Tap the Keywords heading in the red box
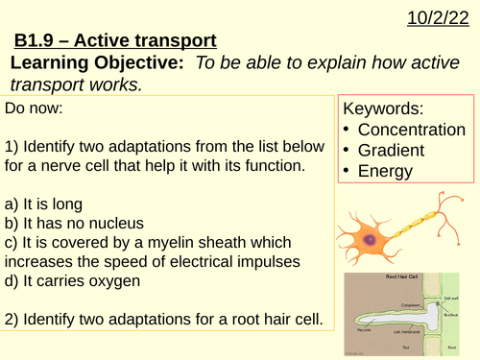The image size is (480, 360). tap(383, 108)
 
